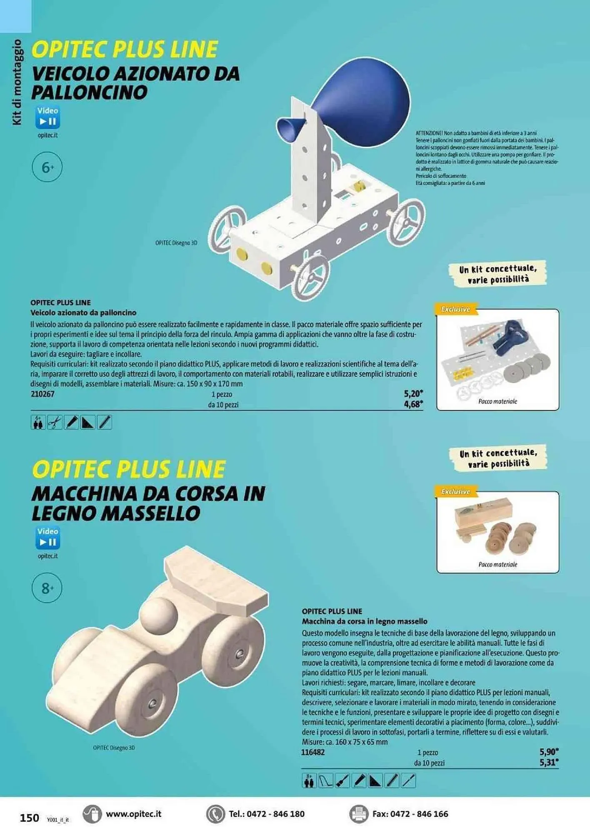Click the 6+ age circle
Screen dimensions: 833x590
[x=47, y=167]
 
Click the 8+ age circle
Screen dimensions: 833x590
[x=47, y=588]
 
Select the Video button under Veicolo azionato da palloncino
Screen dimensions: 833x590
[x=47, y=117]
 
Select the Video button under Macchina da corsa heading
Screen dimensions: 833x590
[x=47, y=537]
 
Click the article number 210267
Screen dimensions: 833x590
[x=42, y=394]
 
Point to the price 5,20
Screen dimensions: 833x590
[x=413, y=393]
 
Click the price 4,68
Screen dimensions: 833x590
[x=413, y=404]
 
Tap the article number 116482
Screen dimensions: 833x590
[x=313, y=752]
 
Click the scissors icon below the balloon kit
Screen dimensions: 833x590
[x=55, y=422]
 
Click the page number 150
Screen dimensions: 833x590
[x=29, y=818]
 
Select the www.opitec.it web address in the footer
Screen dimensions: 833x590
[x=133, y=814]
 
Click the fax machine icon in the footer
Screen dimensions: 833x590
[x=358, y=814]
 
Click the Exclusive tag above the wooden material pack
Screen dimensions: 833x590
[x=456, y=491]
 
